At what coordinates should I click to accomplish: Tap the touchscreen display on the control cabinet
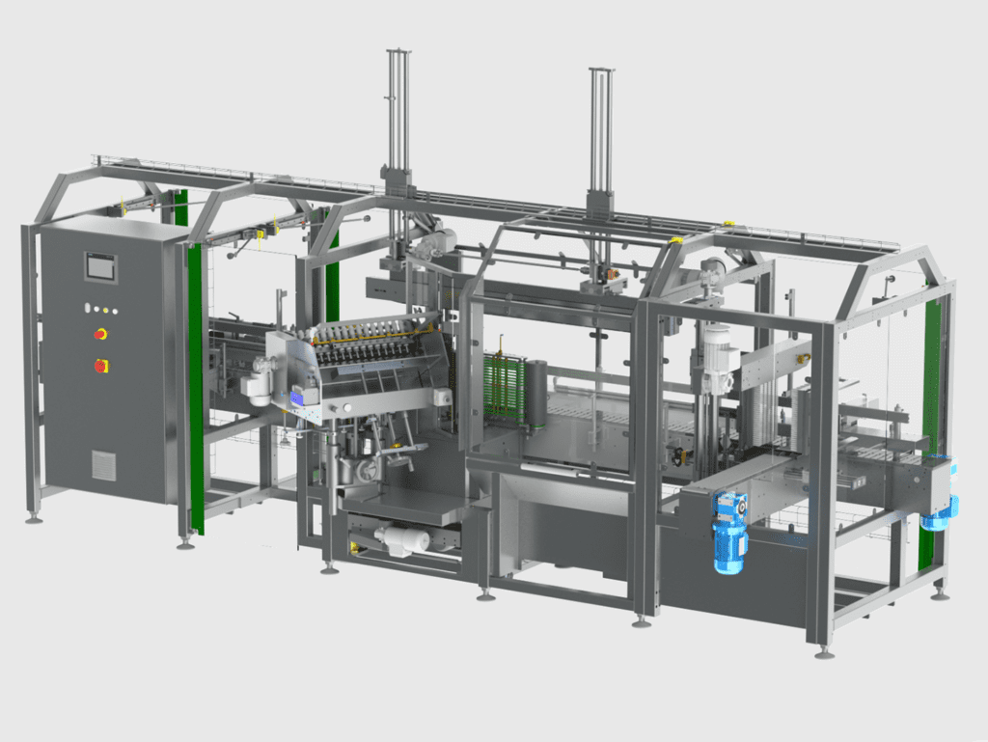point(100,265)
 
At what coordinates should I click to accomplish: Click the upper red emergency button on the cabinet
point(99,334)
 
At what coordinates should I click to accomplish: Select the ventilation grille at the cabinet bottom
point(103,464)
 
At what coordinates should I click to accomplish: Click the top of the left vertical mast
point(398,53)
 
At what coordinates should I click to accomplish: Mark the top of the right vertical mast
point(601,72)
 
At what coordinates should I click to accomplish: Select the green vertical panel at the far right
point(931,386)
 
